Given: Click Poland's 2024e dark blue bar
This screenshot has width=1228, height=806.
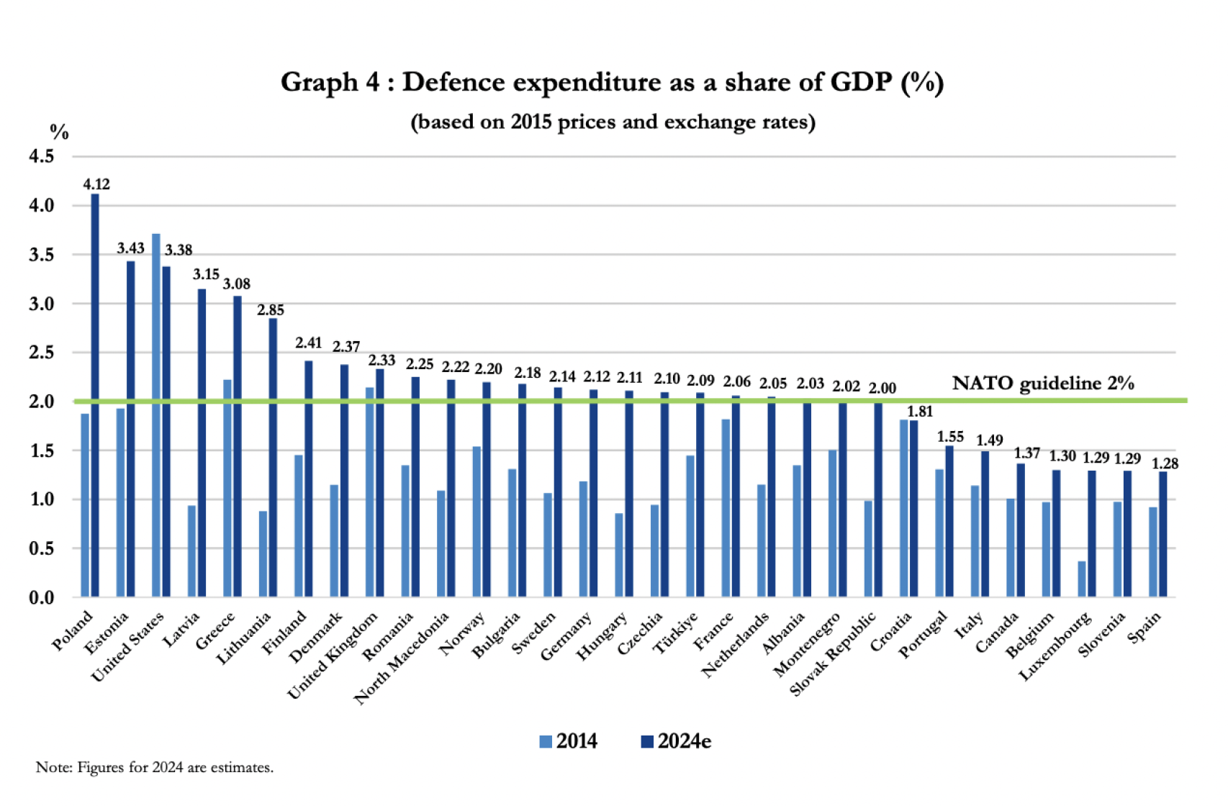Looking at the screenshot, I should [95, 396].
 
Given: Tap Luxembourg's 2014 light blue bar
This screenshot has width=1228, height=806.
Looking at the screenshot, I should [1081, 579].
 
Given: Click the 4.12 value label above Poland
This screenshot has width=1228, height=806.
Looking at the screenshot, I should [96, 184].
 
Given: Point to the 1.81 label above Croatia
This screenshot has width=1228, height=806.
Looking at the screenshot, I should [919, 412].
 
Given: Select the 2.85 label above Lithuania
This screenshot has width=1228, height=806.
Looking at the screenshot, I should [271, 310].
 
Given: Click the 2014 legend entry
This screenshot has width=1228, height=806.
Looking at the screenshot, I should [569, 741].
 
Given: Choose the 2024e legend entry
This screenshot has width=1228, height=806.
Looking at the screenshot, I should [676, 741].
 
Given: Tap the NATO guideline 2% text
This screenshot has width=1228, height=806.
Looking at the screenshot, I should [1042, 383].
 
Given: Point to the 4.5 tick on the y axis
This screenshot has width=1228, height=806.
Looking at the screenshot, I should [42, 156].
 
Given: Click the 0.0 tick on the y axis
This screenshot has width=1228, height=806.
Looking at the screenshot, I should [42, 597].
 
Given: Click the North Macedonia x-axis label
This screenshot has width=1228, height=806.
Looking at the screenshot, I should [402, 658].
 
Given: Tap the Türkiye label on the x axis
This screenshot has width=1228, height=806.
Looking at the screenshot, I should [675, 633].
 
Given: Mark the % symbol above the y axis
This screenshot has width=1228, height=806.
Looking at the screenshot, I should [59, 132].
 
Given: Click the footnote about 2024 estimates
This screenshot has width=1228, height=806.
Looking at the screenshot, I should [155, 767].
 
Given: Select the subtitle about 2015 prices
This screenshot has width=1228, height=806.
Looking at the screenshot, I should [613, 122].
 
